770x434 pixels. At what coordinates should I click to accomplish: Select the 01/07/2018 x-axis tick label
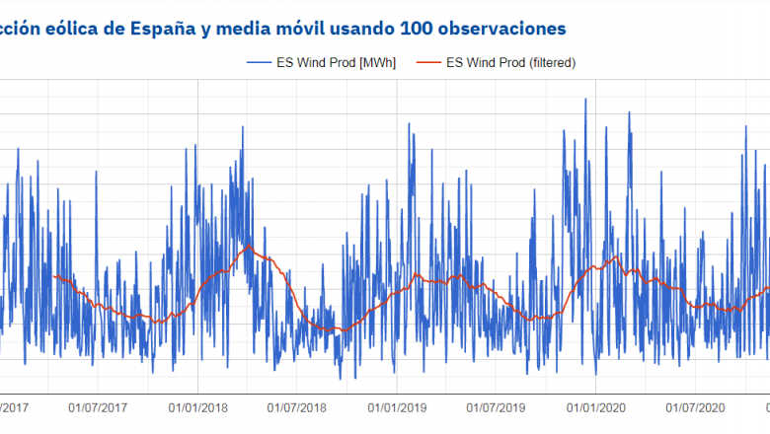tap(297, 406)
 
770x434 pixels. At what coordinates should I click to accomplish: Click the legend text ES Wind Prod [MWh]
tap(339, 62)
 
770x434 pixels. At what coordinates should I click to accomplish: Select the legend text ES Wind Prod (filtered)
tap(510, 62)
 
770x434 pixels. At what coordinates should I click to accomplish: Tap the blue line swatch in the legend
tap(261, 62)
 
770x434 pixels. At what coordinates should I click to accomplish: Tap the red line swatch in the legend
tap(427, 62)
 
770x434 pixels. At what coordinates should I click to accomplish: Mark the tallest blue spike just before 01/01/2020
tap(586, 99)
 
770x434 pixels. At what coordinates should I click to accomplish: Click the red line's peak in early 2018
tap(250, 246)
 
